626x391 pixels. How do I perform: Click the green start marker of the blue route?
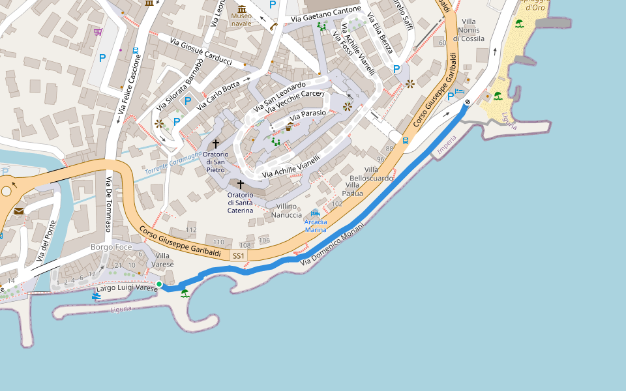pyautogui.click(x=159, y=284)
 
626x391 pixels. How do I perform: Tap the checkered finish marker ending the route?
pyautogui.click(x=468, y=102)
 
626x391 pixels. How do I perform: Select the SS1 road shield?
pyautogui.click(x=239, y=256)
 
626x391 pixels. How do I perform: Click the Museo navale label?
pyautogui.click(x=241, y=20)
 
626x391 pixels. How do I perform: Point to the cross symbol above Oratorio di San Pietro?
pyautogui.click(x=216, y=143)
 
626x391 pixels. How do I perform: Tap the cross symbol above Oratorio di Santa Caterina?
pyautogui.click(x=240, y=184)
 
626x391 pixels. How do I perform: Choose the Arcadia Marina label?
pyautogui.click(x=316, y=225)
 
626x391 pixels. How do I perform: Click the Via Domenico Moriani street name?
pyautogui.click(x=333, y=243)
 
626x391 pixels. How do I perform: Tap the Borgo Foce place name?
pyautogui.click(x=112, y=248)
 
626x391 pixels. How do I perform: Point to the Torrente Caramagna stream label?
pyautogui.click(x=173, y=162)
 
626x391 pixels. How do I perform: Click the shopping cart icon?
pyautogui.click(x=97, y=31)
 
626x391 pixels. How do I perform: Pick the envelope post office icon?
pyautogui.click(x=18, y=211)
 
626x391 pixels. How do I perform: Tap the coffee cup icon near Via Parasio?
pyautogui.click(x=289, y=127)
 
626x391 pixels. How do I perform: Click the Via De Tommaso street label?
pyautogui.click(x=109, y=205)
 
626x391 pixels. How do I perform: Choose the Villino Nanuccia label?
pyautogui.click(x=286, y=210)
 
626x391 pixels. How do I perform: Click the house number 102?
pyautogui.click(x=337, y=204)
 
